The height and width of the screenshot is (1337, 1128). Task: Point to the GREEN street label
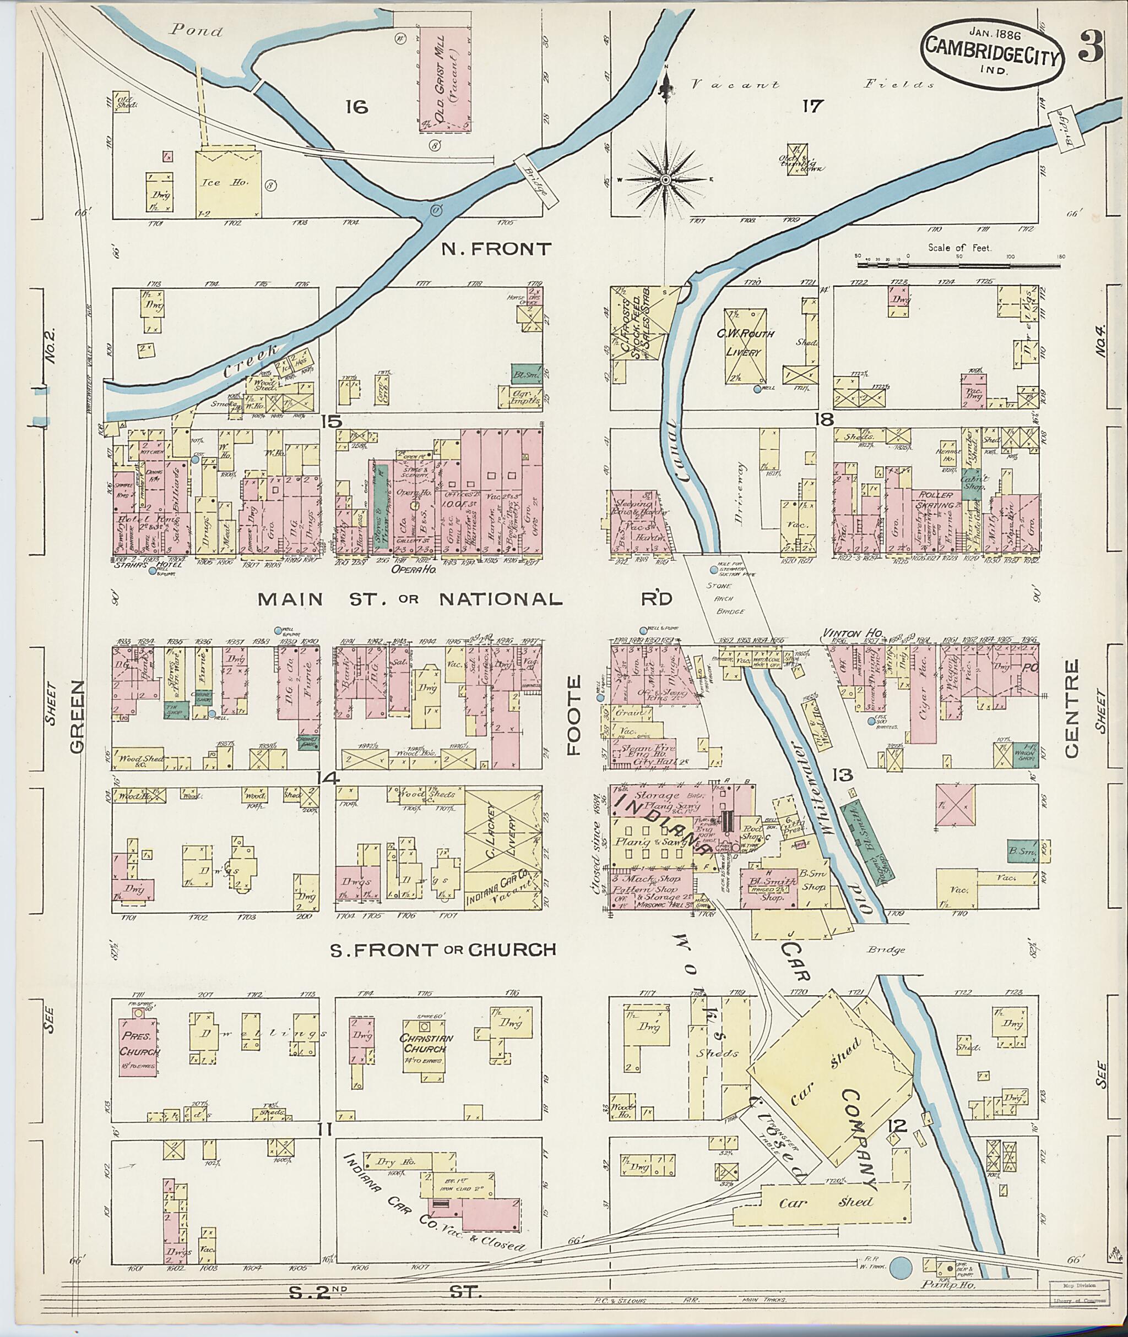[77, 716]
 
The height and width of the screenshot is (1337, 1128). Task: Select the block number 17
[811, 106]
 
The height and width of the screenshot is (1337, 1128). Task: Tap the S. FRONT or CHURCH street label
[442, 949]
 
